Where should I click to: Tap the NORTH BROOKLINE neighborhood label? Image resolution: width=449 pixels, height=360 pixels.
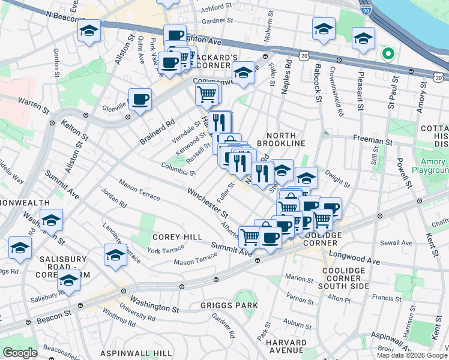click(x=281, y=139)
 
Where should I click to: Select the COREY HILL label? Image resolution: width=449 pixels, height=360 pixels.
click(x=177, y=237)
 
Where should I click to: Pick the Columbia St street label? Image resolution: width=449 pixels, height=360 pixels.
click(x=178, y=168)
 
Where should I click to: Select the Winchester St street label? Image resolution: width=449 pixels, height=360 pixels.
click(x=207, y=203)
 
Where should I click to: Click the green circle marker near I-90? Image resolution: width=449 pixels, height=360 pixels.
click(x=388, y=55)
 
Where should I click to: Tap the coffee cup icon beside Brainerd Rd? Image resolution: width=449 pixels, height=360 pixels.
click(x=140, y=98)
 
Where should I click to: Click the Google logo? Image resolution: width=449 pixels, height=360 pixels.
click(x=20, y=353)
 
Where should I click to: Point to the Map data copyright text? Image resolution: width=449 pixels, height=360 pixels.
click(x=412, y=355)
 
